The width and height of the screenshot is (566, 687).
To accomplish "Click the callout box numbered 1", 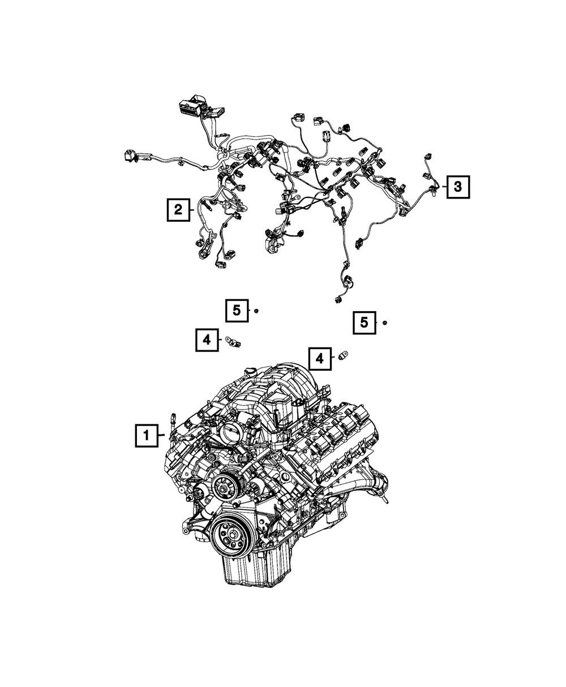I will click(x=146, y=436).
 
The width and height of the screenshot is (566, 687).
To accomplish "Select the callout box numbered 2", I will click(x=178, y=211).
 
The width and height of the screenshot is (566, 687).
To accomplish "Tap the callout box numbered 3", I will click(x=457, y=186).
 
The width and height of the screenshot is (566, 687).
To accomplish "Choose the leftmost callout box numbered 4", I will click(x=207, y=340).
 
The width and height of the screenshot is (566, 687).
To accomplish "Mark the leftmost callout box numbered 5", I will click(x=237, y=310).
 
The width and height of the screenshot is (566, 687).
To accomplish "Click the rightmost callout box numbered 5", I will click(x=365, y=323).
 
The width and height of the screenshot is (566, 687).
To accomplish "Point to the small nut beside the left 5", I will click(x=256, y=311).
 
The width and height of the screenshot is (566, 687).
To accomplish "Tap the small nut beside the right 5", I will click(x=384, y=323).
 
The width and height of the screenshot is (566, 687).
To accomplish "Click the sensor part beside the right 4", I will click(x=343, y=356).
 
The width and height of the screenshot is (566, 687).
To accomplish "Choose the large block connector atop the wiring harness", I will click(x=189, y=106).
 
